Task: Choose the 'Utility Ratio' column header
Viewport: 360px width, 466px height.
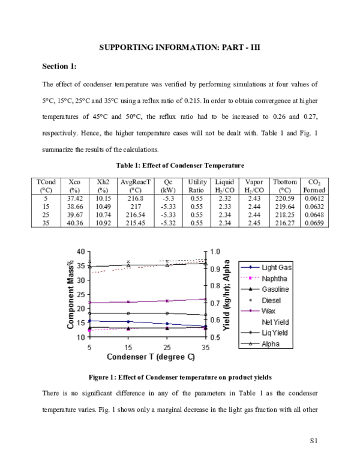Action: tap(197, 185)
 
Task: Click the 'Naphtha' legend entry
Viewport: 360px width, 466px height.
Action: tap(274, 278)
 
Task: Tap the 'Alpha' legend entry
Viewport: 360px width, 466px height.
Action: tap(270, 344)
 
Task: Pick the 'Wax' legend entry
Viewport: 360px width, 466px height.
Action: tap(268, 311)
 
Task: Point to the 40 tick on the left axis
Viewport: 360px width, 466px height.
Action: tap(81, 251)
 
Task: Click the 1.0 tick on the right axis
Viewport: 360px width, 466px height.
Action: tap(215, 252)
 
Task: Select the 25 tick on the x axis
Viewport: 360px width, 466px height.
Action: tap(167, 347)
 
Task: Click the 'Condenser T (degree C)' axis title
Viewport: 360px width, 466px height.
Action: tap(151, 357)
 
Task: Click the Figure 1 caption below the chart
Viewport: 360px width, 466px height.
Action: tap(179, 378)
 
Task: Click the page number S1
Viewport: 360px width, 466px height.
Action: tap(313, 441)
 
